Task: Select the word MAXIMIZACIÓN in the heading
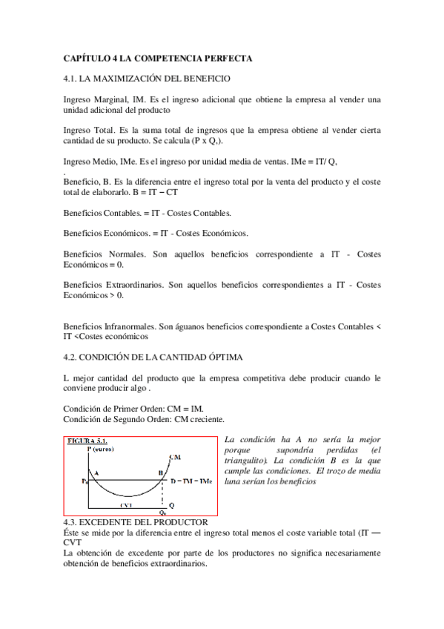pos(135,78)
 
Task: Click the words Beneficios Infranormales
pos(107,326)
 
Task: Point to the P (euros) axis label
pos(102,449)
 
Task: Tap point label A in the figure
pos(97,471)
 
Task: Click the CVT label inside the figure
pos(125,504)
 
